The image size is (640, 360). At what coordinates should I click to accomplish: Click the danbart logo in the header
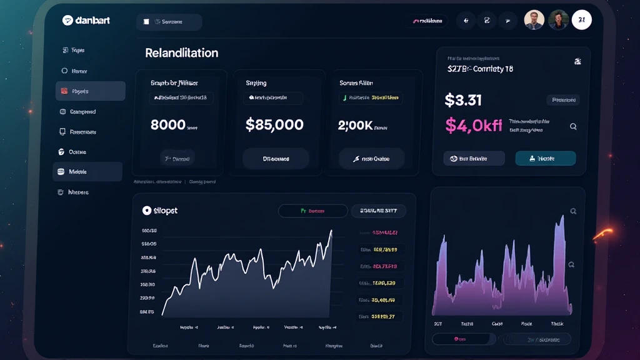point(86,21)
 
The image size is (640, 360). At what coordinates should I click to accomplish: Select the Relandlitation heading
point(181,53)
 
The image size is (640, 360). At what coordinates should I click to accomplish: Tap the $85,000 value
point(274,124)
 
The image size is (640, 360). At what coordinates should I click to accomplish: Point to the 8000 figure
point(168,124)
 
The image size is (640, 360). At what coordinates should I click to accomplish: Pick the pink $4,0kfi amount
point(473,125)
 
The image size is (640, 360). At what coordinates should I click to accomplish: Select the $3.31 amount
point(463,99)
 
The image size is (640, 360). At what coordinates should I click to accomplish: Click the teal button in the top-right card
point(545,159)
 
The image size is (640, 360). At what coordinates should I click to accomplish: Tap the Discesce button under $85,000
point(276,159)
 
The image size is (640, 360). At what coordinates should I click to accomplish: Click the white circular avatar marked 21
point(581,21)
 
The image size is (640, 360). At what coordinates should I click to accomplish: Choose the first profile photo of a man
point(534,20)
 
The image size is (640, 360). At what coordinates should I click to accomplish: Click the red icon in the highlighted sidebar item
point(64,91)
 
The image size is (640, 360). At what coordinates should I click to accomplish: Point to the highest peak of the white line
point(331,231)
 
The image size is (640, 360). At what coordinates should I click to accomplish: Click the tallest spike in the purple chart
point(561,218)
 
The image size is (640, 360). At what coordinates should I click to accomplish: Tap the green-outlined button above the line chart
point(312,211)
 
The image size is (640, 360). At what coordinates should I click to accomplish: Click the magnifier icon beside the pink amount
point(573,126)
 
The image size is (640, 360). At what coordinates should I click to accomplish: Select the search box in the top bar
point(169,22)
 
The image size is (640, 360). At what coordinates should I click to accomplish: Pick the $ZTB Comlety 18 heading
point(480,69)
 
